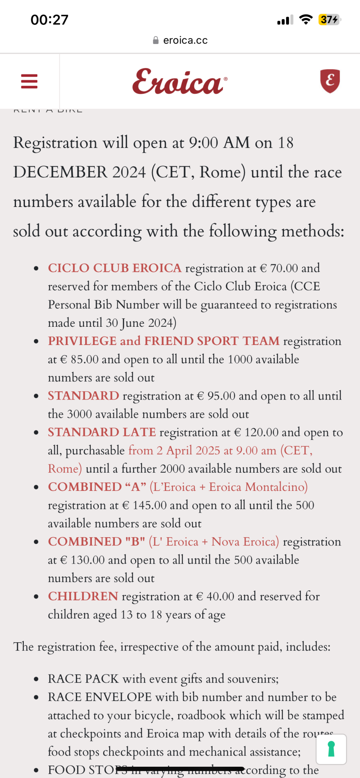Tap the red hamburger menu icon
29,81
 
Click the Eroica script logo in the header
179,82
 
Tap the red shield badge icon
330,81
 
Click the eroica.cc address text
185,40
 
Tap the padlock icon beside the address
156,40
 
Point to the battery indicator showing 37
329,19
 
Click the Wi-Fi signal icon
306,19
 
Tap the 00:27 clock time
49,20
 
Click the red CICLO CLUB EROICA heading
114,268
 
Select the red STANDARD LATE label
102,432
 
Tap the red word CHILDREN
83,596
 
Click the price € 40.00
215,596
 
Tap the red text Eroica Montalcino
258,487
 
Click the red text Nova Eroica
245,542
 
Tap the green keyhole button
331,749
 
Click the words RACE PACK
83,679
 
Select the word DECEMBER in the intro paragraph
60,172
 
